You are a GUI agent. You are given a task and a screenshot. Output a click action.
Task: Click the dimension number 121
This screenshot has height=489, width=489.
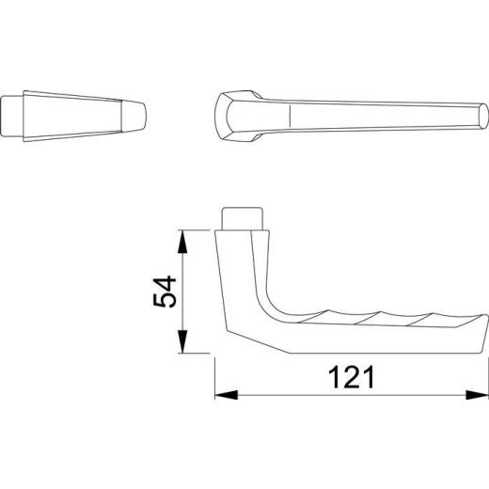point(352,378)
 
